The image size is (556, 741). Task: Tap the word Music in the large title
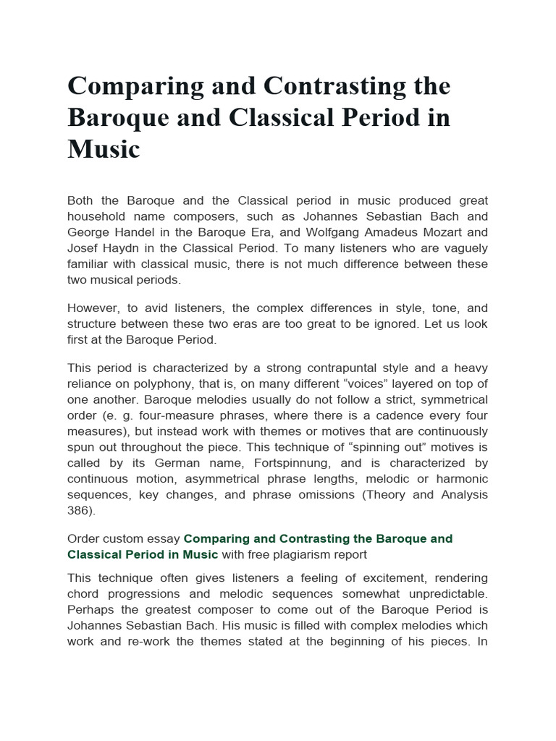coord(104,149)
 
